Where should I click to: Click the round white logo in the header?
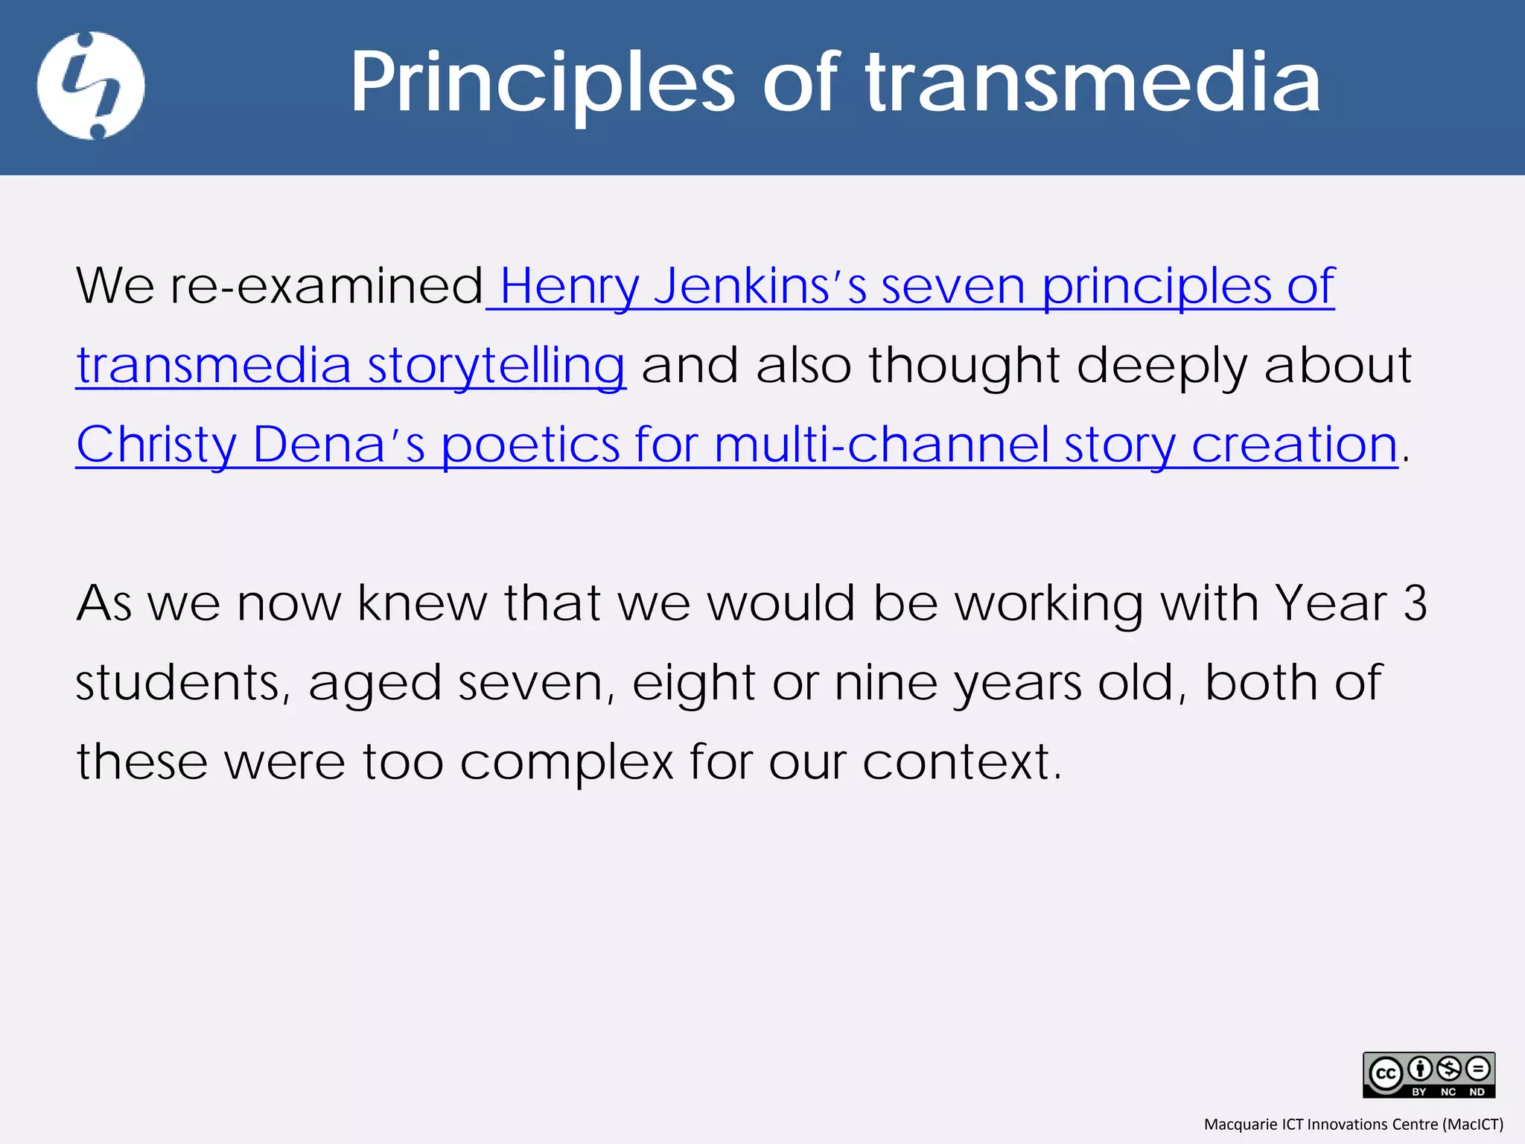pyautogui.click(x=91, y=86)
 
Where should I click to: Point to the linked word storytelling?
pyautogui.click(x=496, y=366)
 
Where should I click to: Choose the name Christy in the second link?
pyautogui.click(x=156, y=445)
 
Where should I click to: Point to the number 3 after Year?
pyautogui.click(x=1415, y=603)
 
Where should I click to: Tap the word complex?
pyautogui.click(x=567, y=762)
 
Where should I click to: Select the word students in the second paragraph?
pyautogui.click(x=178, y=682)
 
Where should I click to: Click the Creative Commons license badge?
pyautogui.click(x=1429, y=1075)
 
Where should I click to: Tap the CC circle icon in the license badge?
pyautogui.click(x=1386, y=1073)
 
